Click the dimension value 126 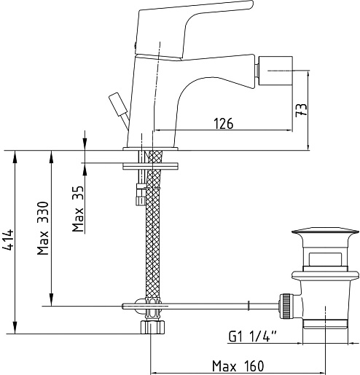point(223,123)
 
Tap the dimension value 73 point(301,110)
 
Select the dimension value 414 point(7,240)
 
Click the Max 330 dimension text point(43,228)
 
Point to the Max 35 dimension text point(78,208)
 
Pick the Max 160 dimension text point(238,366)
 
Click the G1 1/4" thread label point(253,336)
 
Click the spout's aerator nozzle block point(275,71)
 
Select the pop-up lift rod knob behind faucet point(118,105)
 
